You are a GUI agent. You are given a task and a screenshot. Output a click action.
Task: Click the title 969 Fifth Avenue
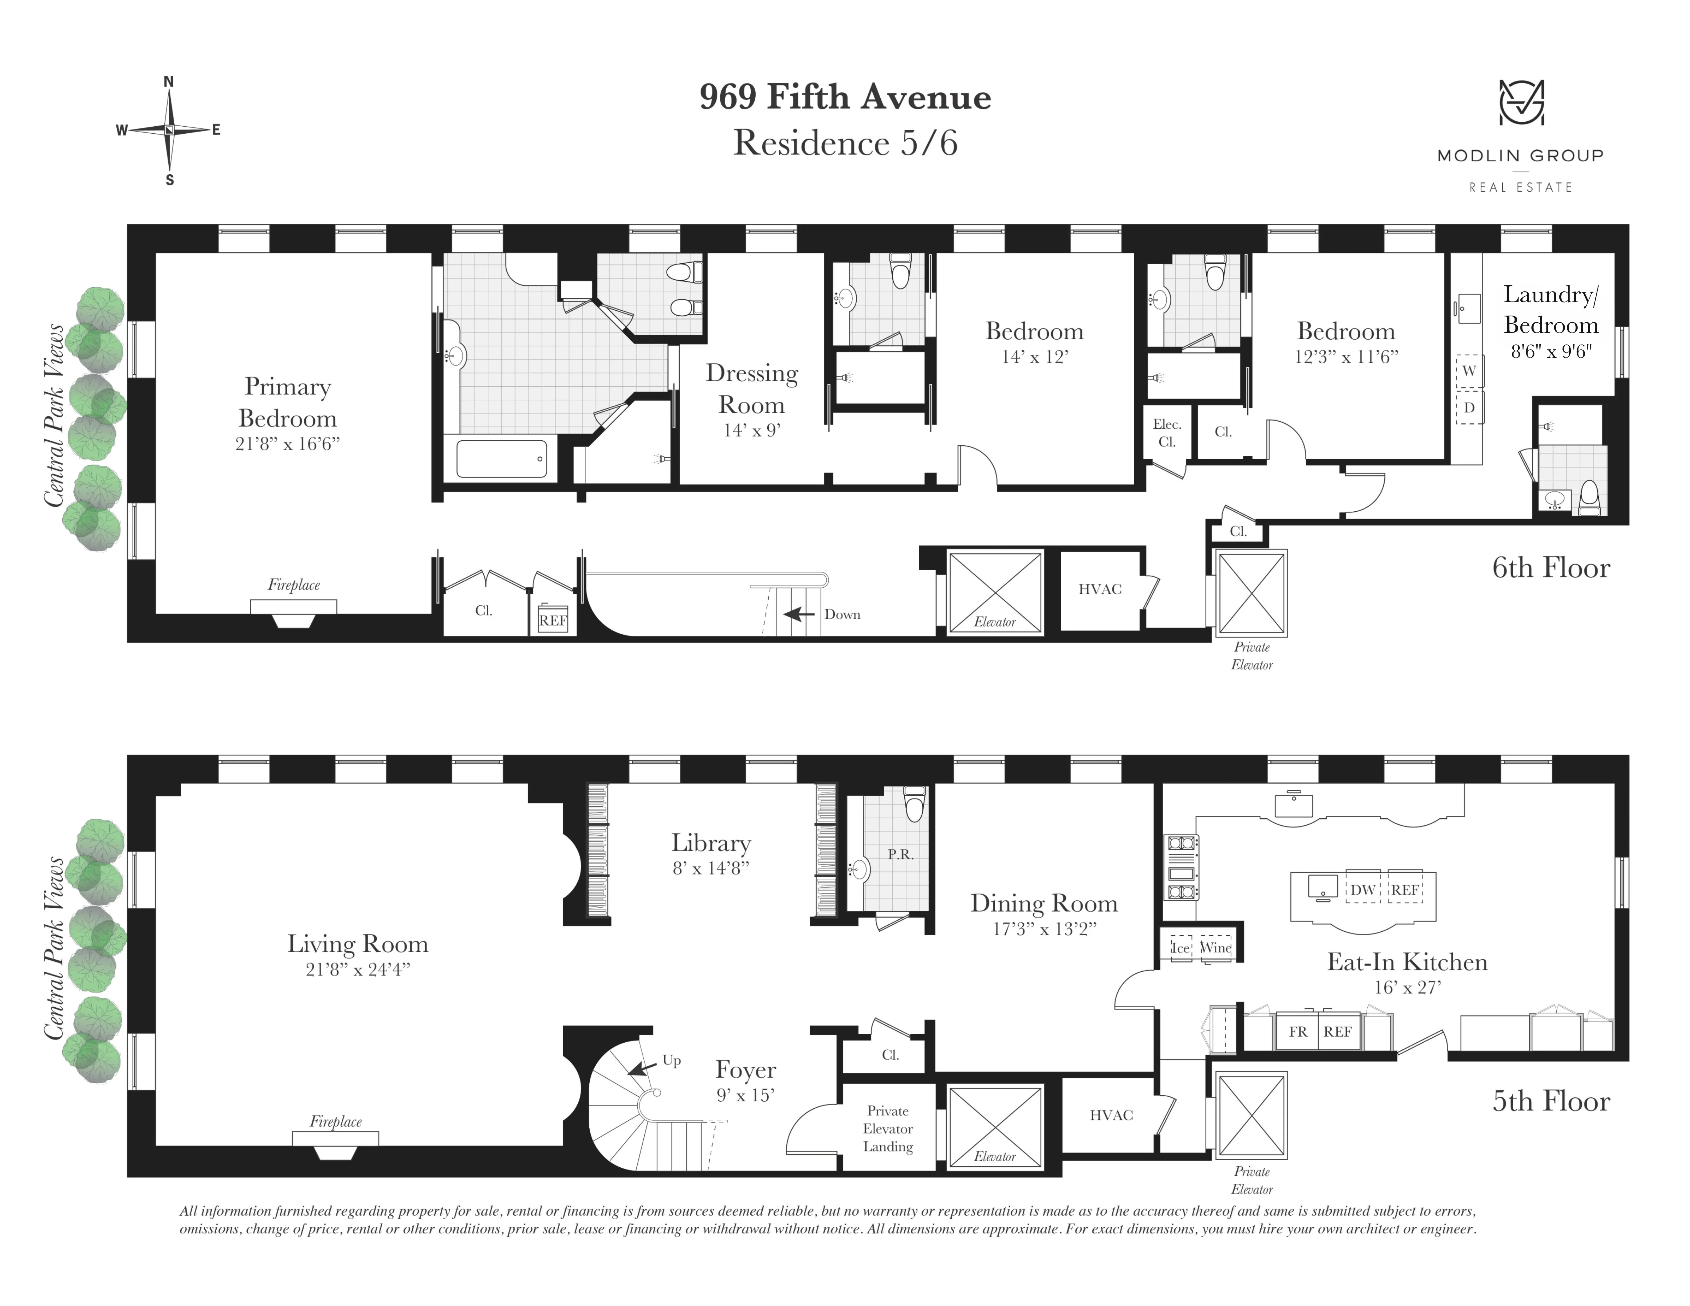point(845,97)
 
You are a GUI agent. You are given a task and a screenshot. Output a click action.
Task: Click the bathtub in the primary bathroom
point(501,459)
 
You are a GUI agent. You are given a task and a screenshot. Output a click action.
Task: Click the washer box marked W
point(1469,371)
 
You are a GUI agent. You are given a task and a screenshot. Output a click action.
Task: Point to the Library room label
point(710,843)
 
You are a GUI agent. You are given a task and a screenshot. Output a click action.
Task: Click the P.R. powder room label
point(901,854)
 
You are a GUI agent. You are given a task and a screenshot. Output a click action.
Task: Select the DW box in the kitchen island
point(1363,890)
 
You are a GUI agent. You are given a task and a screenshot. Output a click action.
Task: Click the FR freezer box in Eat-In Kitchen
point(1298,1031)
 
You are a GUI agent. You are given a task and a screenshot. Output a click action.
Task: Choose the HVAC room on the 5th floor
point(1111,1115)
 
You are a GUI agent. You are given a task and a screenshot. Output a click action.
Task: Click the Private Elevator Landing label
point(888,1129)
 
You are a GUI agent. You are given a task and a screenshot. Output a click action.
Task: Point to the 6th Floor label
point(1551,568)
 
